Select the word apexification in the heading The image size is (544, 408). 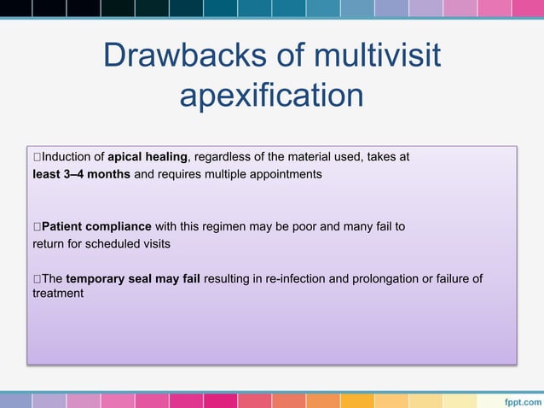271,95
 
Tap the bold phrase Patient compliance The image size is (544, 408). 96,226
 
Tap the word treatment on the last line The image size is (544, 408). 58,293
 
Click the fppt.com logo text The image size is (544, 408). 519,399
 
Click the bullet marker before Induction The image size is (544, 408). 37,157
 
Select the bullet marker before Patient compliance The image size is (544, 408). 37,226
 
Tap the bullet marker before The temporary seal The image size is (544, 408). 37,278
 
